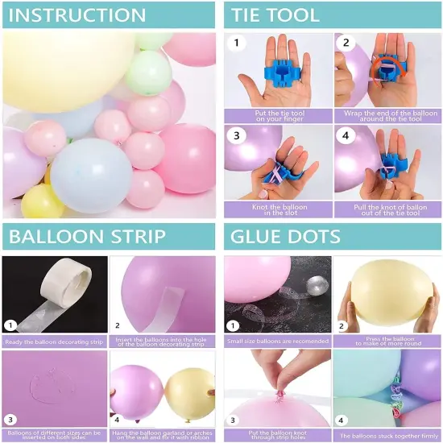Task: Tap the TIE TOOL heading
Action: [x=276, y=14]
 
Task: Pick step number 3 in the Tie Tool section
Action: [x=238, y=136]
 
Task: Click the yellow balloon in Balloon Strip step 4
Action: [x=189, y=392]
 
